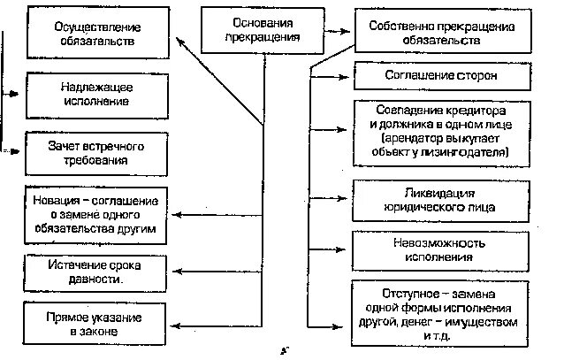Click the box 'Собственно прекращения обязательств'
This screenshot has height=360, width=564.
[x=439, y=34]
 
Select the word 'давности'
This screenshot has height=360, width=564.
[x=96, y=280]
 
